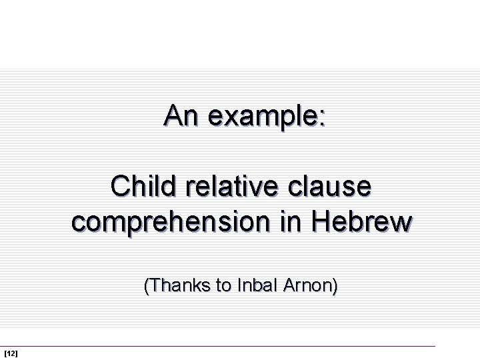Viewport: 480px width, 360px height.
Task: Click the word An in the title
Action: click(x=181, y=116)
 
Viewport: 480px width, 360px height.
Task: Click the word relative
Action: click(x=232, y=187)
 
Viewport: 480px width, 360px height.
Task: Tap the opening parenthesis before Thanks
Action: click(x=147, y=287)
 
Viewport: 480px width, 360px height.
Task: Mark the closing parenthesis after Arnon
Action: click(x=335, y=287)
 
